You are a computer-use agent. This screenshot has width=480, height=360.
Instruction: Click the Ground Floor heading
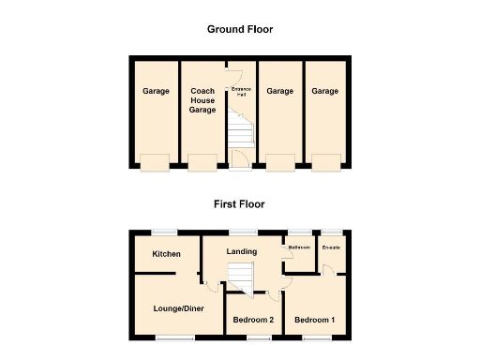(240, 29)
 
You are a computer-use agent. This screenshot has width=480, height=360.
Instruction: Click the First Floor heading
(240, 203)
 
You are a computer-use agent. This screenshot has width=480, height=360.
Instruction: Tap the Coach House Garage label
(202, 100)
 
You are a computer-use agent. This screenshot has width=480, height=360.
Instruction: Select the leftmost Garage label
(156, 91)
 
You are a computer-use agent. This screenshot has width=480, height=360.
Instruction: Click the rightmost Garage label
(325, 91)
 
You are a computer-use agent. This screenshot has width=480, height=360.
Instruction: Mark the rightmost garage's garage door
(326, 163)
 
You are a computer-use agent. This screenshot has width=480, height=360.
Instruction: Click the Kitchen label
(166, 254)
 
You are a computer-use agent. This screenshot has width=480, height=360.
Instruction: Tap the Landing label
(242, 250)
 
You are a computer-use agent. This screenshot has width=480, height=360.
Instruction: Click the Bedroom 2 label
(252, 320)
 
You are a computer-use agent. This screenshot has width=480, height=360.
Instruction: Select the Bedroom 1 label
(314, 320)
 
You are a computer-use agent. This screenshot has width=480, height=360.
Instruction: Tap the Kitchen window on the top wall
(166, 232)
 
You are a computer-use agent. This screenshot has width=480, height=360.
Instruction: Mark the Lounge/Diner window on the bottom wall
(171, 337)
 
